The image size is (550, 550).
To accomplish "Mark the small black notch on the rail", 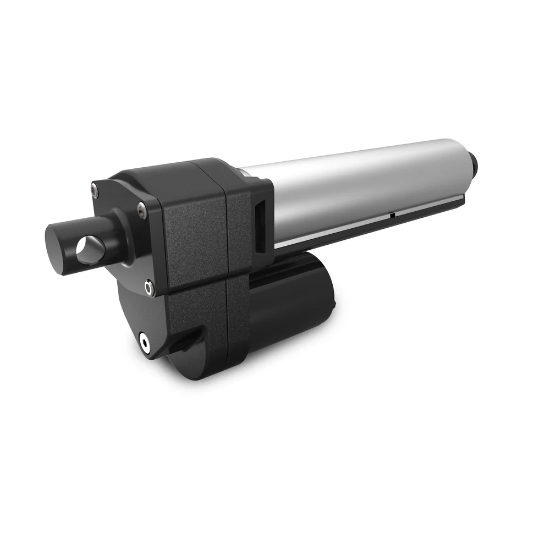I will [x=392, y=216].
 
